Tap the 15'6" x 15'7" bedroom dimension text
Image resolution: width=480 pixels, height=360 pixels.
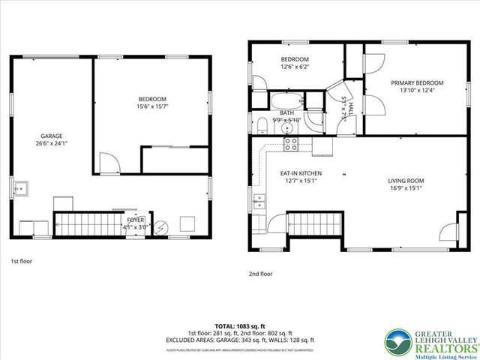tap(152, 107)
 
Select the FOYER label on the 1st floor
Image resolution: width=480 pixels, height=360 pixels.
tap(136, 219)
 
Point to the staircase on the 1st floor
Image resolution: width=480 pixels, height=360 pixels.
tap(80, 223)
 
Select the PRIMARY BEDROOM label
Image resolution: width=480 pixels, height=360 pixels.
tap(416, 82)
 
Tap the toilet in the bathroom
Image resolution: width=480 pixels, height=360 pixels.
tap(261, 125)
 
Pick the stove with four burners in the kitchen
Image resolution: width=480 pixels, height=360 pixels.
tap(290, 142)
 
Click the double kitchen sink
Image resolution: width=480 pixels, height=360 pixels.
tap(259, 201)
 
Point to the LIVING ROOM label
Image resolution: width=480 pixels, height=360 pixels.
tap(406, 181)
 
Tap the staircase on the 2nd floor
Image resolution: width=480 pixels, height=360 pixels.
tap(315, 223)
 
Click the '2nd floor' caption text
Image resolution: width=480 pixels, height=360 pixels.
tap(261, 274)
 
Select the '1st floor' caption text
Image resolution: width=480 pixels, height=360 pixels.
tap(21, 262)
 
